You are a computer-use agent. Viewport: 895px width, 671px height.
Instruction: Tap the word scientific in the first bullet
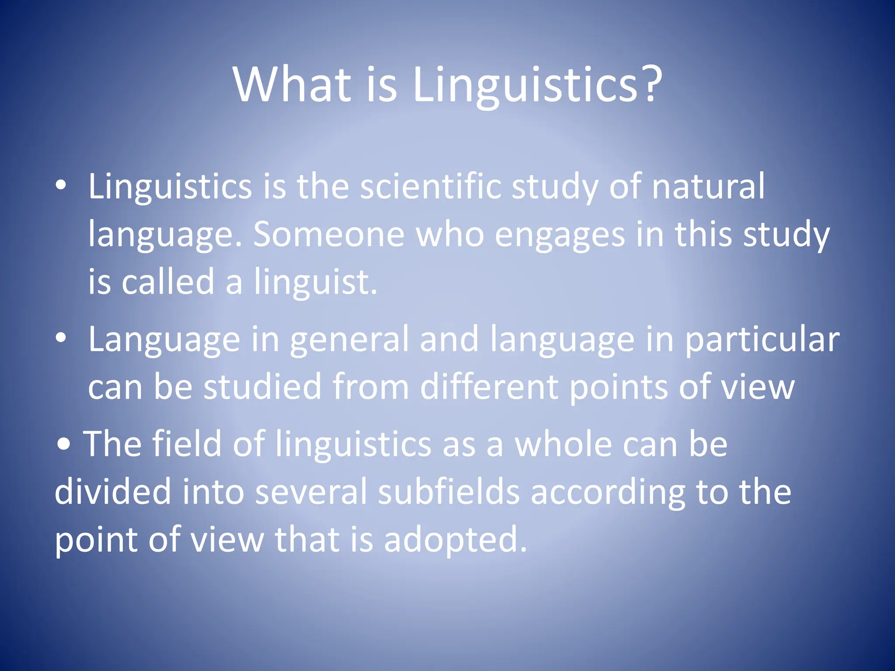pyautogui.click(x=430, y=187)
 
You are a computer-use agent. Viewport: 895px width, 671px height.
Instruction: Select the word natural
pyautogui.click(x=708, y=187)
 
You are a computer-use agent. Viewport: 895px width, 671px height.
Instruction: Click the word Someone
pyautogui.click(x=329, y=235)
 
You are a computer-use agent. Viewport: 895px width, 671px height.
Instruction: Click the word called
pyautogui.click(x=168, y=282)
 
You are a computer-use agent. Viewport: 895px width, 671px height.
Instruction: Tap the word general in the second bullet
pyautogui.click(x=349, y=340)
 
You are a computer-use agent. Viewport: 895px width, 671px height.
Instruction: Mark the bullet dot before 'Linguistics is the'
pyautogui.click(x=61, y=186)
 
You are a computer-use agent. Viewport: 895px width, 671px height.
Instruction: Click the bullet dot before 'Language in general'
pyautogui.click(x=61, y=338)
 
